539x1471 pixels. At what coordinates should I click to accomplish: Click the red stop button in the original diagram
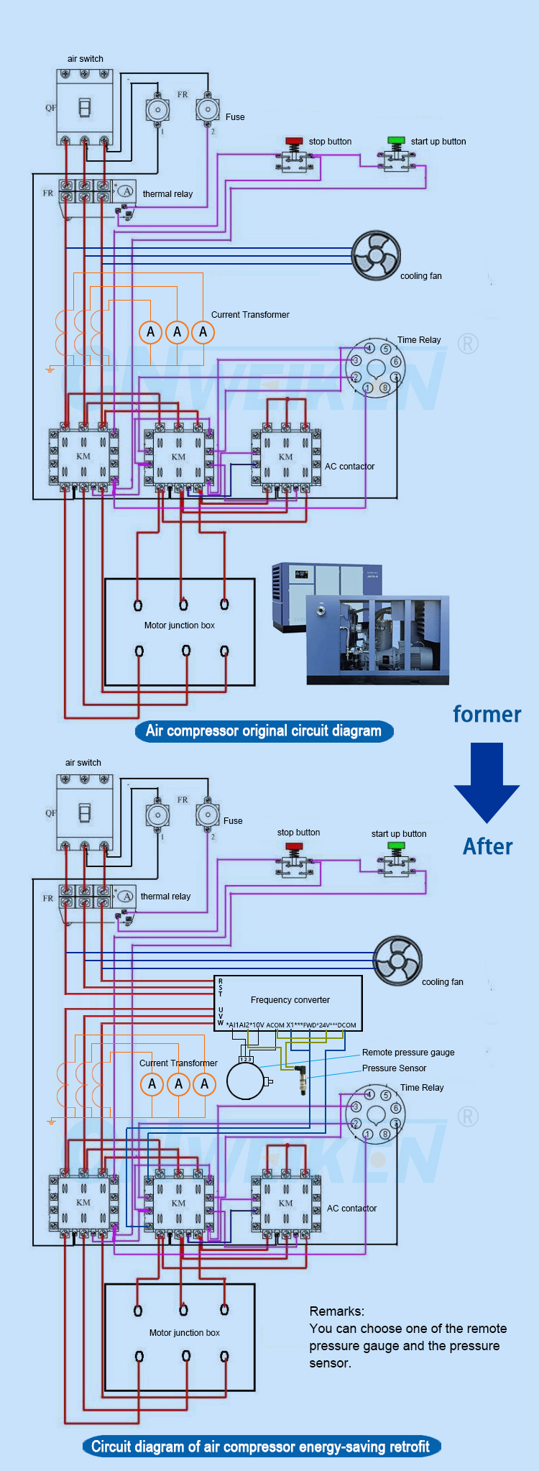[x=294, y=141]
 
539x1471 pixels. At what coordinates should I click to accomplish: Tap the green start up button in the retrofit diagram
[x=396, y=846]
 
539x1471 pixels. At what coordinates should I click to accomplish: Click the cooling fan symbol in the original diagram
[x=376, y=255]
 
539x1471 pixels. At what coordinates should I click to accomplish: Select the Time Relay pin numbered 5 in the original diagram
[x=386, y=349]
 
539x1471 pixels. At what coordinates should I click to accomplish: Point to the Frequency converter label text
[x=290, y=1000]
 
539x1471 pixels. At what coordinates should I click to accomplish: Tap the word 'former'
[x=487, y=714]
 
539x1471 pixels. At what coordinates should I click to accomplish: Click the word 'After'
[x=487, y=846]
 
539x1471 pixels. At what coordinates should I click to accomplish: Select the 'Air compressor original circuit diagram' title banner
[x=264, y=731]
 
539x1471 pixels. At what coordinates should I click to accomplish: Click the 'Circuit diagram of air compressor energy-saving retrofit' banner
[x=261, y=1447]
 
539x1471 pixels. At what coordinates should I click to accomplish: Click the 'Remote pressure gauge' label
[x=408, y=1053]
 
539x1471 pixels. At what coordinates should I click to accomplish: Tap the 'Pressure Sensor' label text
[x=394, y=1068]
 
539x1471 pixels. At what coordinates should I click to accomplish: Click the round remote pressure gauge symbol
[x=246, y=1081]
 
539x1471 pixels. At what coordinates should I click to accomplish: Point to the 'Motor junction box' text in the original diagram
[x=180, y=625]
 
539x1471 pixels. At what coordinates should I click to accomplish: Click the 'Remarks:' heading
[x=336, y=1311]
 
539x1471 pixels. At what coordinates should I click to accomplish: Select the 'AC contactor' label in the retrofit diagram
[x=351, y=1209]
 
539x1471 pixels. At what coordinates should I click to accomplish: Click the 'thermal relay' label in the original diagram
[x=167, y=194]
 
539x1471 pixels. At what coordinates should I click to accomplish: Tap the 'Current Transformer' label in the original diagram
[x=250, y=315]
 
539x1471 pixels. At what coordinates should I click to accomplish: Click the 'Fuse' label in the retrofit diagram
[x=233, y=821]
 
